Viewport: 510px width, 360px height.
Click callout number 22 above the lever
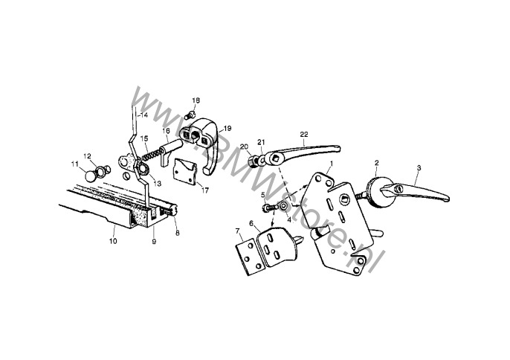point(304,134)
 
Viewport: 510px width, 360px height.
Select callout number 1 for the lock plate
point(332,162)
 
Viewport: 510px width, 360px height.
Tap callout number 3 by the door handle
point(419,168)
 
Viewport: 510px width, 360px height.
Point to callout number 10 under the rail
point(114,241)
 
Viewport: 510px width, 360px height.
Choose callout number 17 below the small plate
point(204,190)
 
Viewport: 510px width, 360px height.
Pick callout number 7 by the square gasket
point(237,231)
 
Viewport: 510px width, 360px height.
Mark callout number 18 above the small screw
point(196,100)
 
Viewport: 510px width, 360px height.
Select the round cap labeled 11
point(90,176)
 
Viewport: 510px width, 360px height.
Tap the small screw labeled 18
point(189,115)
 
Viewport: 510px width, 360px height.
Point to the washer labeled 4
point(283,206)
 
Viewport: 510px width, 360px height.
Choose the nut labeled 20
point(253,161)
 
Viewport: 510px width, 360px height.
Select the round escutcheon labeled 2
point(377,192)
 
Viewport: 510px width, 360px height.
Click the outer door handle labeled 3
point(416,193)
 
